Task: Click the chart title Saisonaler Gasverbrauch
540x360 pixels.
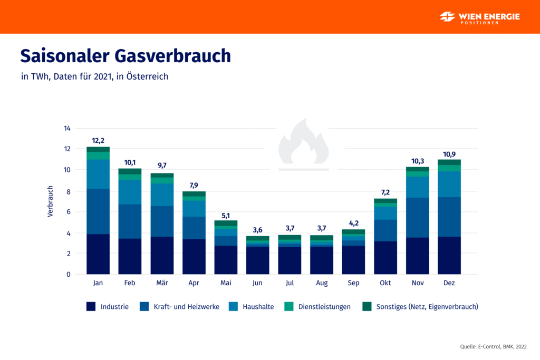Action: [x=126, y=56]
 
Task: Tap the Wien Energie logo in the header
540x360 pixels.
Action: [x=479, y=17]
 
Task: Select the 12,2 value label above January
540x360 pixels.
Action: [x=98, y=140]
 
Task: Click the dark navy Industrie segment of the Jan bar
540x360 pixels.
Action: [x=98, y=254]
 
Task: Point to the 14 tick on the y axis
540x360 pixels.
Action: [x=67, y=128]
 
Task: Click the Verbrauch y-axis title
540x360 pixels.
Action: [x=51, y=201]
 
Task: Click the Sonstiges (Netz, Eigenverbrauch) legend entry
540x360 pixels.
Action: [x=420, y=306]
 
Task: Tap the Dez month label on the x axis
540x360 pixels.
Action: [x=449, y=283]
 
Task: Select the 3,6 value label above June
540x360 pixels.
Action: [x=258, y=229]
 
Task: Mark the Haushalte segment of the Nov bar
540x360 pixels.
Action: [x=417, y=187]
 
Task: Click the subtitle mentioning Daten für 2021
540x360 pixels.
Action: [x=95, y=76]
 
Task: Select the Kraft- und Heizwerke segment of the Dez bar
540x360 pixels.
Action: [x=449, y=217]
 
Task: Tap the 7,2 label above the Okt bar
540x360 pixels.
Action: [x=385, y=192]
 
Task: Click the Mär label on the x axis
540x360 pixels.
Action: [x=162, y=283]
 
